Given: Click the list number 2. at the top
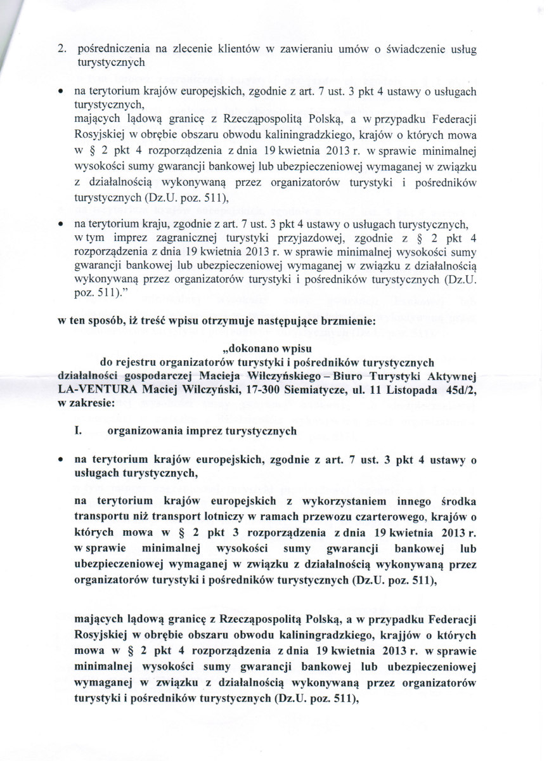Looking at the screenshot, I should point(63,49).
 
